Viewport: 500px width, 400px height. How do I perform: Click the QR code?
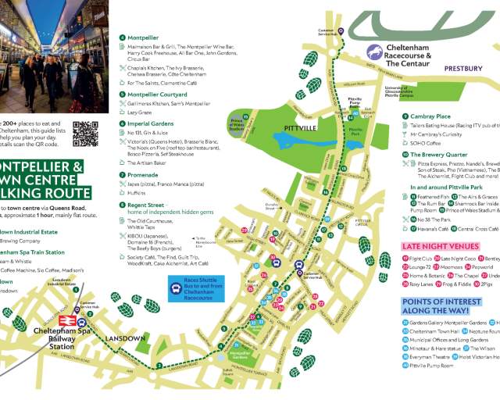coord(85,134)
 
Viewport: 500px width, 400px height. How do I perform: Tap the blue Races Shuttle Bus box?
coord(193,289)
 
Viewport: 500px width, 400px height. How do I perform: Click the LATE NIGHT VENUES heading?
coord(441,246)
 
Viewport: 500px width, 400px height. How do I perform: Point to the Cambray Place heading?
coord(434,116)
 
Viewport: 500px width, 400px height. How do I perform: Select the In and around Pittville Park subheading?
coord(452,187)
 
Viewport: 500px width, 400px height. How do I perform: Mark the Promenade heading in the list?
coord(142,175)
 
